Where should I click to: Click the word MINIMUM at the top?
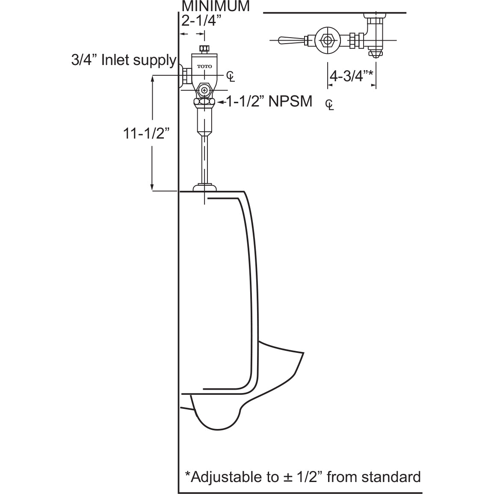click(x=216, y=6)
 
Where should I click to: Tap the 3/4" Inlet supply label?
click(x=124, y=60)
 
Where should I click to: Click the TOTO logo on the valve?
click(x=204, y=66)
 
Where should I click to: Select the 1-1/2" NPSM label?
click(x=269, y=101)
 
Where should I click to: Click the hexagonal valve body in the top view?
click(x=328, y=41)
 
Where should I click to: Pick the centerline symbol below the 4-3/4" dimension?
click(x=330, y=104)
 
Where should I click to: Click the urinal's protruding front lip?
click(x=282, y=355)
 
